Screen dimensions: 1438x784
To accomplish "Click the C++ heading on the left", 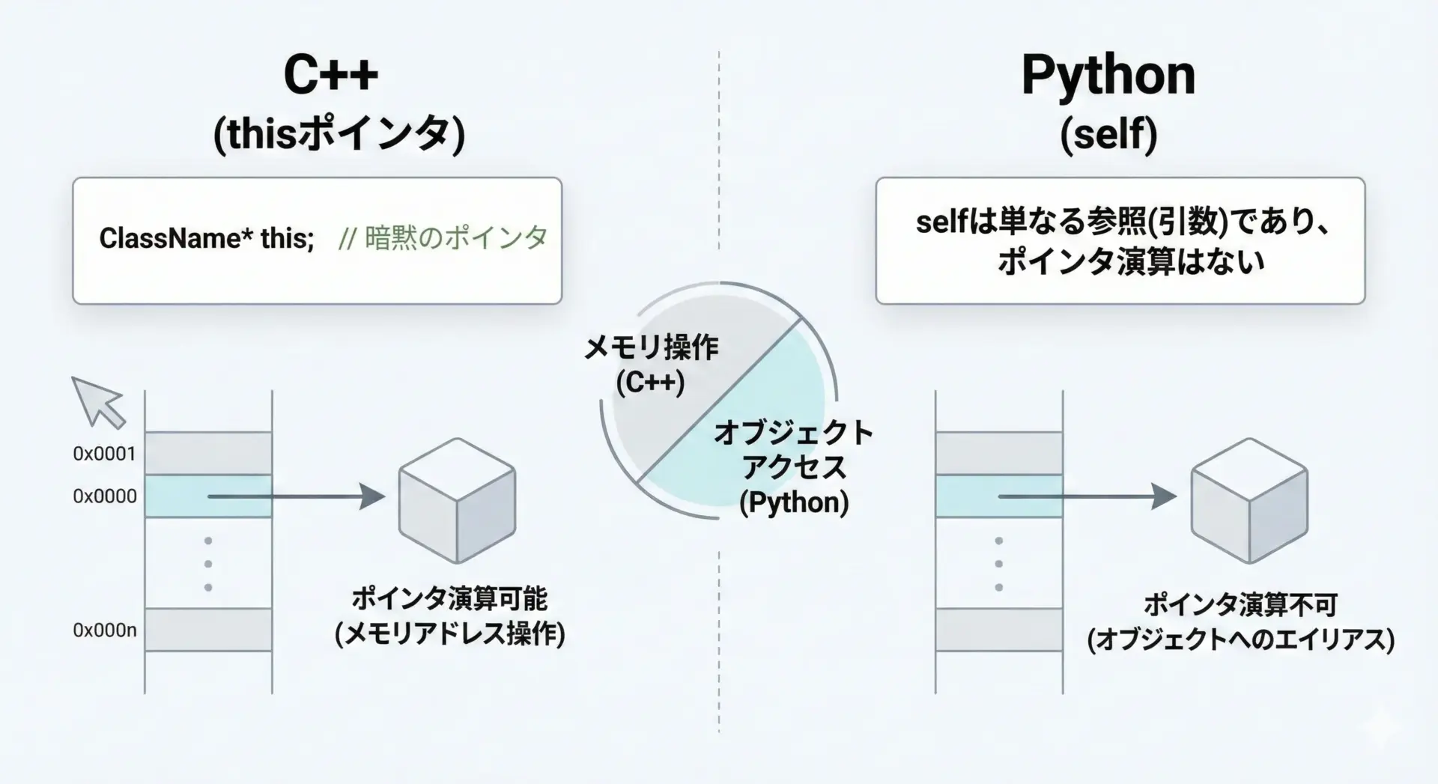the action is (x=331, y=74).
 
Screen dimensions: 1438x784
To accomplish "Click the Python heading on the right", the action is (x=1108, y=76).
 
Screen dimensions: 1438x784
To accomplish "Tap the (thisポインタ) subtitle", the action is (x=339, y=136).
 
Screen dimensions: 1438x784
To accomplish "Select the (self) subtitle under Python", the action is (x=1109, y=135).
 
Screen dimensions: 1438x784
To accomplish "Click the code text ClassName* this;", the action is (x=207, y=239).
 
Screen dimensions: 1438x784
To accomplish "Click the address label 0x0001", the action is (x=105, y=454).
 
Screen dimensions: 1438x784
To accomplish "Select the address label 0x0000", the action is (x=105, y=496).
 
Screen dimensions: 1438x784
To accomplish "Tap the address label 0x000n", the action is (x=105, y=630).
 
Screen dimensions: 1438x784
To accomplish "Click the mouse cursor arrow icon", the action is (x=98, y=402).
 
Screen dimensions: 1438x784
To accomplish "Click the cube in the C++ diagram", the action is (x=457, y=501).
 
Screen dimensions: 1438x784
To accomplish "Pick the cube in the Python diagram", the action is (x=1249, y=501).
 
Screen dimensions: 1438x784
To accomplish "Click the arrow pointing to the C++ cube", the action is (x=297, y=496).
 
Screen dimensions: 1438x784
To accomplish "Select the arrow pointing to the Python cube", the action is (x=1087, y=496).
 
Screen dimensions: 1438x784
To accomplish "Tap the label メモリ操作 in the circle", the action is (x=651, y=347).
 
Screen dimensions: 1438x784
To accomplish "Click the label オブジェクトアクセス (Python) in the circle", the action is (x=794, y=467).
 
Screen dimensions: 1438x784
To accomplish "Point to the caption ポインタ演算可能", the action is (x=450, y=599).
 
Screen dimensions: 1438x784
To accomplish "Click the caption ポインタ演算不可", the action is (x=1240, y=605).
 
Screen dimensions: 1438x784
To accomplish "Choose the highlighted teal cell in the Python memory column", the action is (x=999, y=496).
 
